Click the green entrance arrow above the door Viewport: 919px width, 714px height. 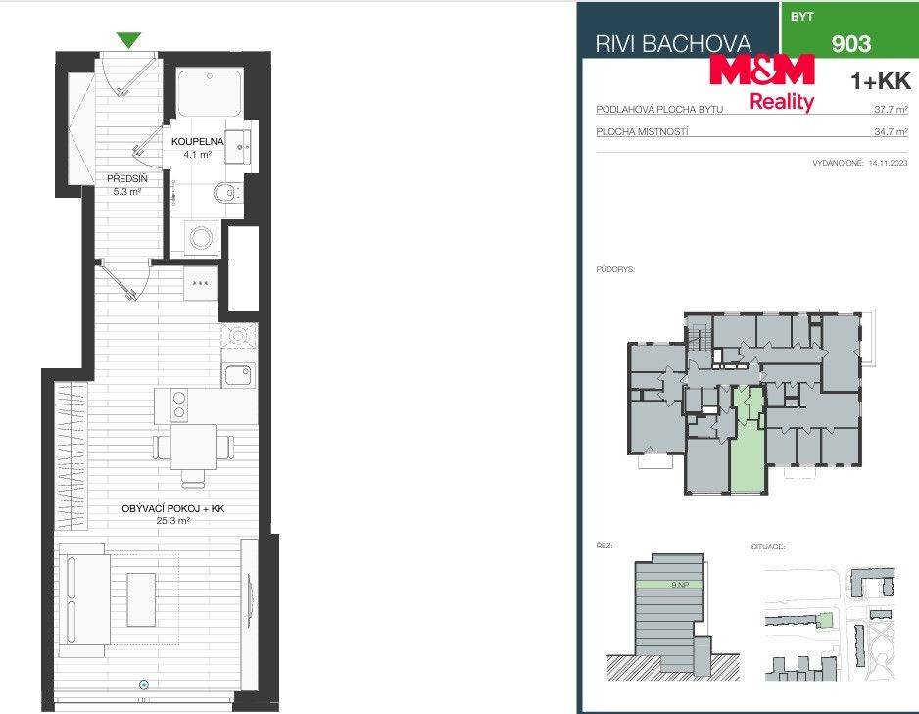[x=128, y=40]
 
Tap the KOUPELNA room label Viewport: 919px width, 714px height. [x=198, y=141]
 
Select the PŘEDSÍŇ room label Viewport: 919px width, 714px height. [x=126, y=178]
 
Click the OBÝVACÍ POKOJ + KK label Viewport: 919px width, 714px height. [x=172, y=508]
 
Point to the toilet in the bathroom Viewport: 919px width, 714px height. [x=225, y=192]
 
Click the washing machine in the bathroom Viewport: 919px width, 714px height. [x=202, y=237]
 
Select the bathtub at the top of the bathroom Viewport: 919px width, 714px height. [x=210, y=94]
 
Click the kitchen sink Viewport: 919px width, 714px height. [x=238, y=375]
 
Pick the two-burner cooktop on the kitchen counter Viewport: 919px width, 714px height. [x=178, y=405]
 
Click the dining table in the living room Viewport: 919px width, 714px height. [x=193, y=447]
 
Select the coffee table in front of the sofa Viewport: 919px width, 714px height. [x=141, y=599]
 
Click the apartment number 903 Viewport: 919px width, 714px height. [x=851, y=43]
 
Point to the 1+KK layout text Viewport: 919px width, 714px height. [x=881, y=81]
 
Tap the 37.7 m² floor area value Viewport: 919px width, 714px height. [x=891, y=109]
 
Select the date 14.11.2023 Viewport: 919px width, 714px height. [x=888, y=163]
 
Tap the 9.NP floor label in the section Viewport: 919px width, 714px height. [x=679, y=585]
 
